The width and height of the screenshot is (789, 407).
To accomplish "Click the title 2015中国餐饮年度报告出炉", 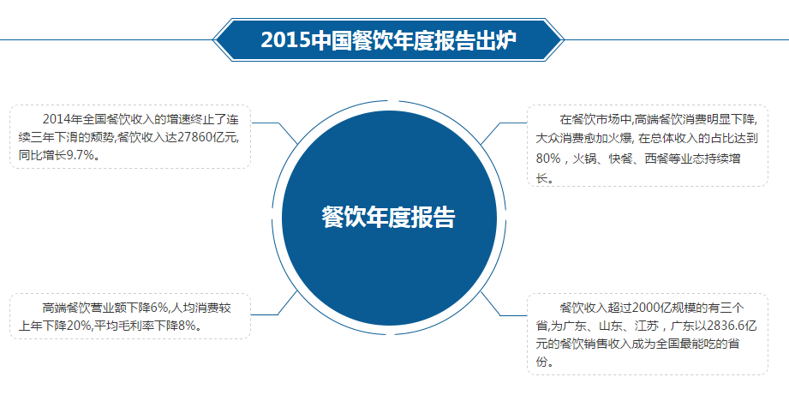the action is tap(388, 40).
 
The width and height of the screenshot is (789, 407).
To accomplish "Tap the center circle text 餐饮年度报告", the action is tap(388, 218).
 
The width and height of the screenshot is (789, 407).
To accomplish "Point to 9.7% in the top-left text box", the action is tap(80, 155).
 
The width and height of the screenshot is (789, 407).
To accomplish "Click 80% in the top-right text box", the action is tap(548, 159).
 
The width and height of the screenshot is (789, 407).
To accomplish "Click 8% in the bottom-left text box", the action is tap(186, 326).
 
